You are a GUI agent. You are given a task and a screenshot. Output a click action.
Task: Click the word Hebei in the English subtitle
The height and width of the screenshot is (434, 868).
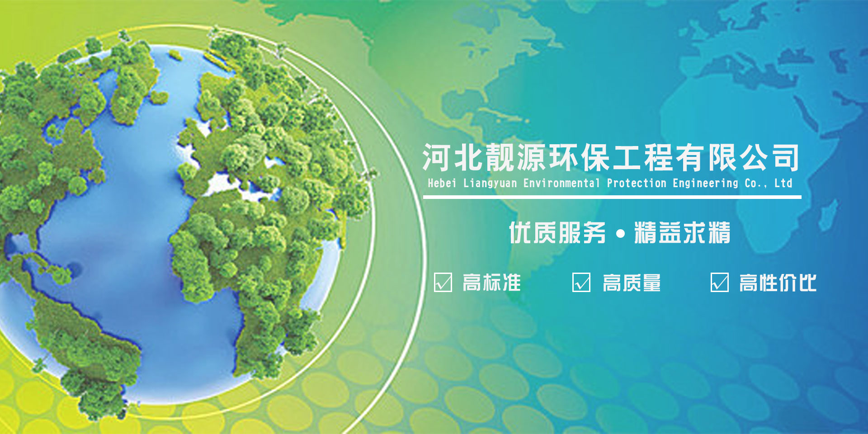coord(443,183)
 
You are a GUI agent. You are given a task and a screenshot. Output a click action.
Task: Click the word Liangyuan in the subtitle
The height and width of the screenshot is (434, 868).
coord(490,184)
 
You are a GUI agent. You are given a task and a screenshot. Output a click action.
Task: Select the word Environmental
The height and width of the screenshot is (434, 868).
coord(561,183)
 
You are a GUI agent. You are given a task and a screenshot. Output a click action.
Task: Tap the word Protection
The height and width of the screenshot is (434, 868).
coord(637,183)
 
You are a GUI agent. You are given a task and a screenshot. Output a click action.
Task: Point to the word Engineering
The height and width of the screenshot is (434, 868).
coord(705,184)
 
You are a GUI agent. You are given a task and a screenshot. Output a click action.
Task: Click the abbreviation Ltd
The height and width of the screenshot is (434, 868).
coord(783,183)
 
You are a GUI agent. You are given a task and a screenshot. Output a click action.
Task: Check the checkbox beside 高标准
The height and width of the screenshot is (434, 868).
coord(443,283)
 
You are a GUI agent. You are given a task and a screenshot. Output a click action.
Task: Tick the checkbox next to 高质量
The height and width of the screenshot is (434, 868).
coord(581,283)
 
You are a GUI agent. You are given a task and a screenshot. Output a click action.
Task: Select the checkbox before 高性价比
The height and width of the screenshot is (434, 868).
coord(720,283)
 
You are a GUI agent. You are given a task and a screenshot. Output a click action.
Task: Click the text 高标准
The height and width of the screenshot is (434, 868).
coord(492,283)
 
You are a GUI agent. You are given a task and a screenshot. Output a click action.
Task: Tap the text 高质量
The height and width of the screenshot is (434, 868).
coord(632,283)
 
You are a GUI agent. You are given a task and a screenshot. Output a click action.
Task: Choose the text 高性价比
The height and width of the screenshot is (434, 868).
coord(778,283)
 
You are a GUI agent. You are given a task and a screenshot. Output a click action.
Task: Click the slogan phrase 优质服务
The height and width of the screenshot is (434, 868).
coord(557,233)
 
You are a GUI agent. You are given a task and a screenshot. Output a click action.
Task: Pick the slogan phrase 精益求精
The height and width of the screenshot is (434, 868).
coord(682,233)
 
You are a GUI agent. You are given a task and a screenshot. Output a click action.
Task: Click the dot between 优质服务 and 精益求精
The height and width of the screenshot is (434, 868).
coord(620,234)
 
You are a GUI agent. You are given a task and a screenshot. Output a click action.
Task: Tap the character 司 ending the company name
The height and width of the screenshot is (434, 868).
coord(786,158)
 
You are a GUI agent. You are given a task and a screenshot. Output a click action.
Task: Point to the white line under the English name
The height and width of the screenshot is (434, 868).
coord(612,197)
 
